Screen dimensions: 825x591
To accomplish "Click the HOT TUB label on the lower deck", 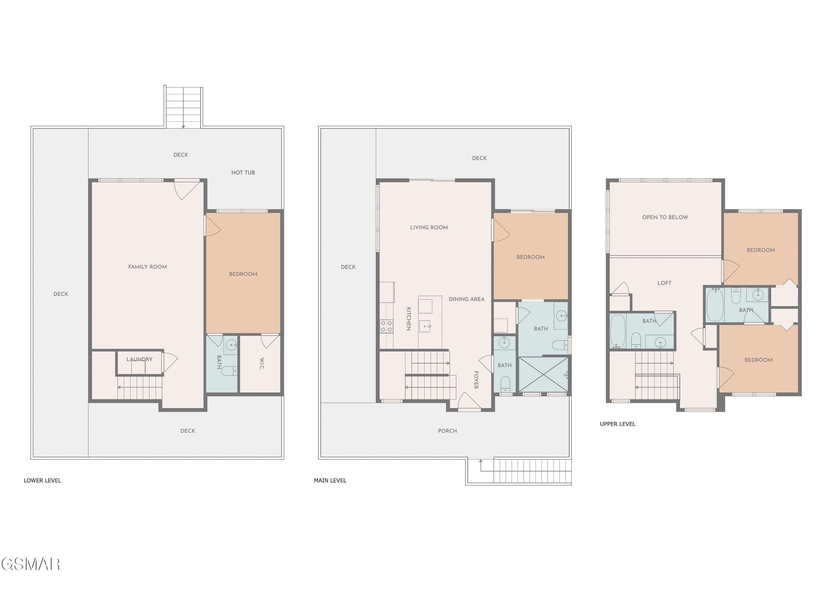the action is (x=243, y=172).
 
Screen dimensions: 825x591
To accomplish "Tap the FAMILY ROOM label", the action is (x=148, y=267).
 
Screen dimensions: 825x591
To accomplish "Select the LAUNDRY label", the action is (x=139, y=359).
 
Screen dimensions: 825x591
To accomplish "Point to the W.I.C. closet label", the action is (x=262, y=364).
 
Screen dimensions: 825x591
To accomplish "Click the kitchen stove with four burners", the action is (x=387, y=326).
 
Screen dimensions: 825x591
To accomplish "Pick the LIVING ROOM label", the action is (x=429, y=227).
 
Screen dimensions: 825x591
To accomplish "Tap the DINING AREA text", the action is (x=467, y=299).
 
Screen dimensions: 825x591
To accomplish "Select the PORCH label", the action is (x=447, y=431).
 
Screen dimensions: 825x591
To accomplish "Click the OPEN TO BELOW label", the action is (x=665, y=217).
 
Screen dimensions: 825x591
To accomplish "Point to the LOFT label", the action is (x=664, y=283).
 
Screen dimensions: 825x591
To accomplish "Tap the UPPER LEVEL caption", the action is (x=618, y=424).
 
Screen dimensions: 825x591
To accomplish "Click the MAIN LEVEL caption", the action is (x=330, y=480).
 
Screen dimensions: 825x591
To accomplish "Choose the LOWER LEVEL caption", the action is (x=43, y=480).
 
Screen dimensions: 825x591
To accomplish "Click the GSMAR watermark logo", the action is (x=31, y=564).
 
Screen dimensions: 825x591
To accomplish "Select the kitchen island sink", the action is (x=425, y=326).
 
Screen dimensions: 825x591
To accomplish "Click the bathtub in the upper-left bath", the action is (x=618, y=331).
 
